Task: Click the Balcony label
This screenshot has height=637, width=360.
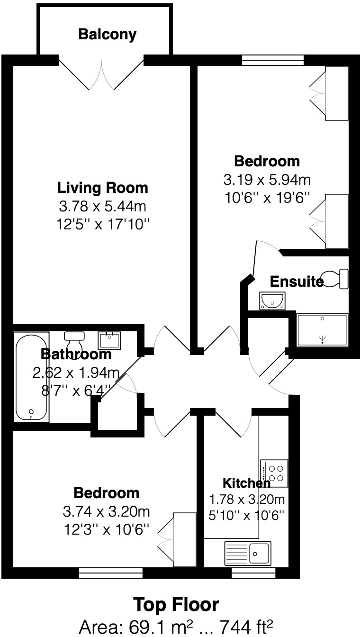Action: pyautogui.click(x=107, y=34)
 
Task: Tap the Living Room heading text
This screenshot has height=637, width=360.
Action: pyautogui.click(x=102, y=188)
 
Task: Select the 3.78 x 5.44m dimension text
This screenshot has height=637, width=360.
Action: pyautogui.click(x=102, y=206)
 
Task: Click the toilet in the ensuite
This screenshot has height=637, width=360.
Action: pyautogui.click(x=336, y=278)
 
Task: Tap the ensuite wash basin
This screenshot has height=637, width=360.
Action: pyautogui.click(x=272, y=300)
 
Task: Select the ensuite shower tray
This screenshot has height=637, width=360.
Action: pyautogui.click(x=322, y=330)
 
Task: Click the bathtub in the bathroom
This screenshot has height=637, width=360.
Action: pyautogui.click(x=31, y=376)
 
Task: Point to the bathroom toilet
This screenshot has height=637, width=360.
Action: pyautogui.click(x=74, y=338)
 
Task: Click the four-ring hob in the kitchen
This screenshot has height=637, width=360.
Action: pyautogui.click(x=274, y=473)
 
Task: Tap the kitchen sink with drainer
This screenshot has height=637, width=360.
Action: pyautogui.click(x=247, y=553)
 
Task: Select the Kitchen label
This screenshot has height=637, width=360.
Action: pyautogui.click(x=246, y=483)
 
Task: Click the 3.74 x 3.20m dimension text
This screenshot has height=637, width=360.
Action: pyautogui.click(x=106, y=511)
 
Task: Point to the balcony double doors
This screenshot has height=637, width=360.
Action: pyautogui.click(x=101, y=73)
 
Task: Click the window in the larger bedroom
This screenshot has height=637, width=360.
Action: pyautogui.click(x=272, y=60)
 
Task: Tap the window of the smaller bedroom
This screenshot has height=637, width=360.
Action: pyautogui.click(x=110, y=573)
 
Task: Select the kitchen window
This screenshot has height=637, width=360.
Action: pyautogui.click(x=253, y=573)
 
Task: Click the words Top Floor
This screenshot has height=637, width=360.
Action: pyautogui.click(x=176, y=605)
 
